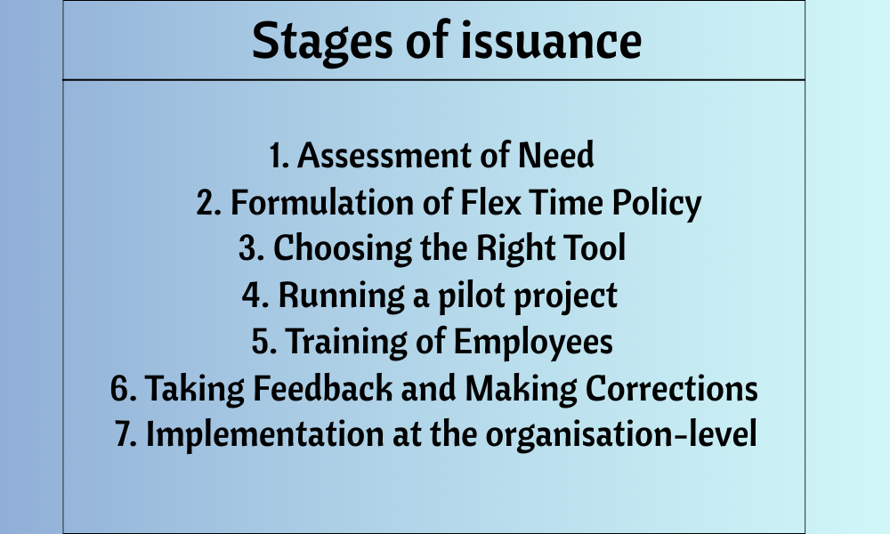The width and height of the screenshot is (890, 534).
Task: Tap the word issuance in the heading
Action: point(551,40)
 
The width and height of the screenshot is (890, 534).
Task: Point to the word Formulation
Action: point(322,203)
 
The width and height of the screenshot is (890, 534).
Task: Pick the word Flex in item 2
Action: point(489,203)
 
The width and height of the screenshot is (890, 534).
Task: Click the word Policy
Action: point(656,206)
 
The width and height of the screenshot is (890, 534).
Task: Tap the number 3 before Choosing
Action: point(251,248)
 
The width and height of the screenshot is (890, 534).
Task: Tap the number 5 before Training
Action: point(264,342)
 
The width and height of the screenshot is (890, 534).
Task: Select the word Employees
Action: point(533,344)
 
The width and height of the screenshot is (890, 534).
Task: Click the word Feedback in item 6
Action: point(322,388)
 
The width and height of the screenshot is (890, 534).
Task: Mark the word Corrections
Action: point(671,388)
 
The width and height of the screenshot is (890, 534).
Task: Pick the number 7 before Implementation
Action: point(125,433)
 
